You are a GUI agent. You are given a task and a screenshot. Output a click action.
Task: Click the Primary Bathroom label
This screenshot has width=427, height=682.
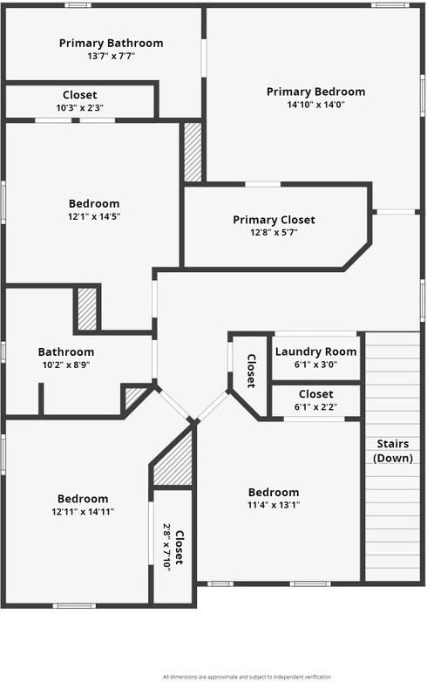pos(111,43)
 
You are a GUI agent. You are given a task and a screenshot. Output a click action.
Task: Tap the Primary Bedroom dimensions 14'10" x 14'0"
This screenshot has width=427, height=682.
pos(315,105)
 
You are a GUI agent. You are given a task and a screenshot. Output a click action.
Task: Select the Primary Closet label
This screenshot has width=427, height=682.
pos(274,220)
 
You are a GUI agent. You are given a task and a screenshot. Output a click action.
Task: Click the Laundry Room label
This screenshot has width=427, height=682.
pos(315,351)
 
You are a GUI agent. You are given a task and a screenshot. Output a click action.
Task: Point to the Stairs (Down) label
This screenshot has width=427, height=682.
pos(392,450)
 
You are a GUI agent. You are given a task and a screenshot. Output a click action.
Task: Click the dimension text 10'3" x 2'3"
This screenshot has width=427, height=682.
pos(79,108)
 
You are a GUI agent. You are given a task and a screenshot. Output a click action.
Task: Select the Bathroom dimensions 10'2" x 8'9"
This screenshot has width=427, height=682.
pos(65,365)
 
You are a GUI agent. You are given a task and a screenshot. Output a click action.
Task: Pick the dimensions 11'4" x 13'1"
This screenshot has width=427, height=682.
pos(273,506)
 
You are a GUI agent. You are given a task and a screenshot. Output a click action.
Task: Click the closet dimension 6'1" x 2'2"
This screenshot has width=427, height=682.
pos(315,406)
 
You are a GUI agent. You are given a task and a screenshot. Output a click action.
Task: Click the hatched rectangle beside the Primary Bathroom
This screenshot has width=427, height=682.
pos(193,152)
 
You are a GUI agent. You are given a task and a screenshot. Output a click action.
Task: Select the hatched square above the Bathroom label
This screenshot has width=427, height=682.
pos(87,308)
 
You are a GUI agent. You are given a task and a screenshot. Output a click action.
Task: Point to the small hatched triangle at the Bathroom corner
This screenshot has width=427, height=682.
pos(134,399)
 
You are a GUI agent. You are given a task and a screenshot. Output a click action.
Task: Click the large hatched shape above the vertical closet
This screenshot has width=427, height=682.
pos(175,461)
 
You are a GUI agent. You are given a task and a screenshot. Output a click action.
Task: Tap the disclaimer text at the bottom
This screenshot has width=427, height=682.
pos(247,676)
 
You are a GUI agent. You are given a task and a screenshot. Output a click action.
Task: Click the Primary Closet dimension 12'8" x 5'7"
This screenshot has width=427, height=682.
pos(274,233)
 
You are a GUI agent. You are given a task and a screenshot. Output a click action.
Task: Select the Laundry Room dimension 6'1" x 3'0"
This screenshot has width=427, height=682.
pos(315,365)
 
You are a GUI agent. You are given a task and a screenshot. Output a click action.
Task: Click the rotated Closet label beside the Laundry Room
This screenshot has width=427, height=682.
pos(250,371)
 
